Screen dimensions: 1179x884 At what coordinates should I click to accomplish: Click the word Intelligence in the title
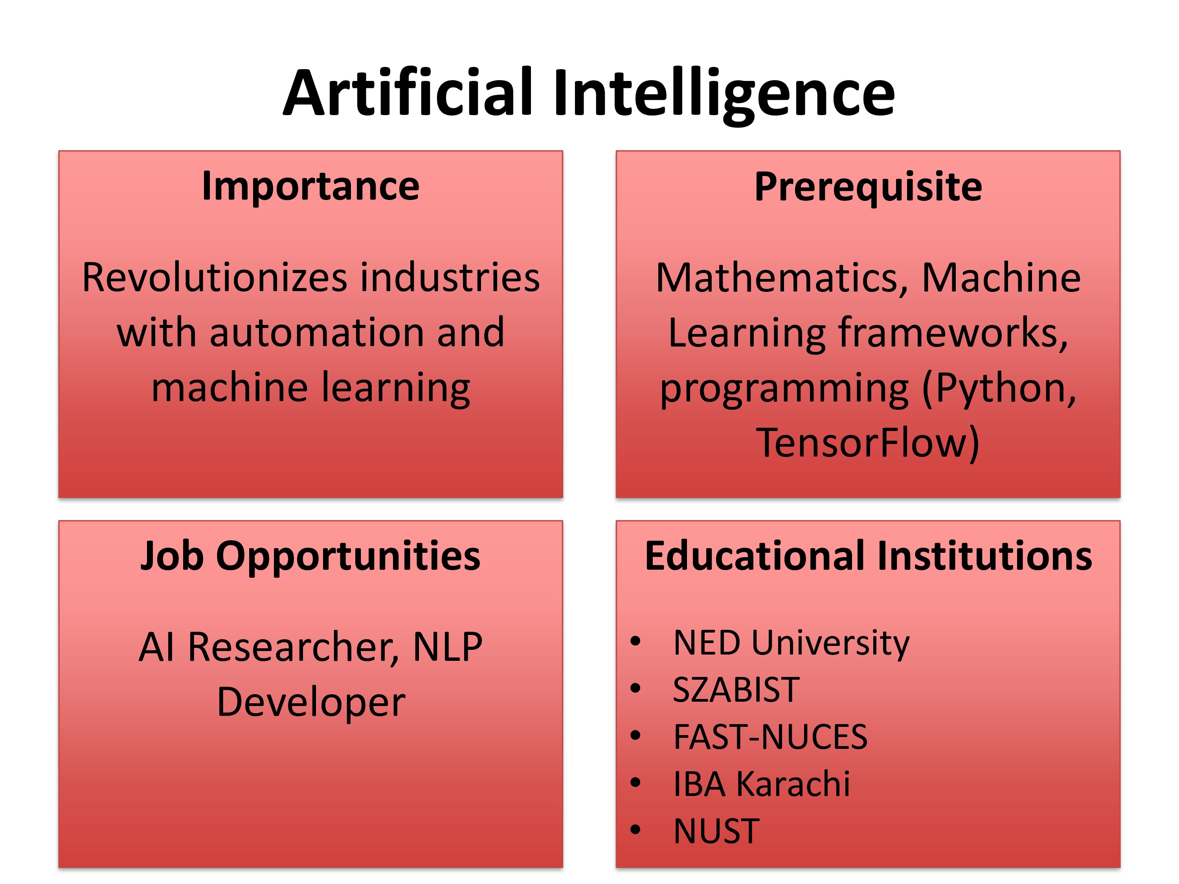click(724, 96)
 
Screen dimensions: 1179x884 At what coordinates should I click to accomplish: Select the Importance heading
click(311, 187)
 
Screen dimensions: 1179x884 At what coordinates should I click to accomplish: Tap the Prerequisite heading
click(868, 187)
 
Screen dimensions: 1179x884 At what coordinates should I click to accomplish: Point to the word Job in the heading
click(172, 556)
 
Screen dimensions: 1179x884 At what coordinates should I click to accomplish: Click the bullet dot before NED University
click(635, 642)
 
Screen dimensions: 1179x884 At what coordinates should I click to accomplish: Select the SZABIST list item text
click(736, 690)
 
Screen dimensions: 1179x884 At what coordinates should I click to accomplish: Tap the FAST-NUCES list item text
click(770, 737)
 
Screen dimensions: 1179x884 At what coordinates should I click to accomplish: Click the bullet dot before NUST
click(635, 830)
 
